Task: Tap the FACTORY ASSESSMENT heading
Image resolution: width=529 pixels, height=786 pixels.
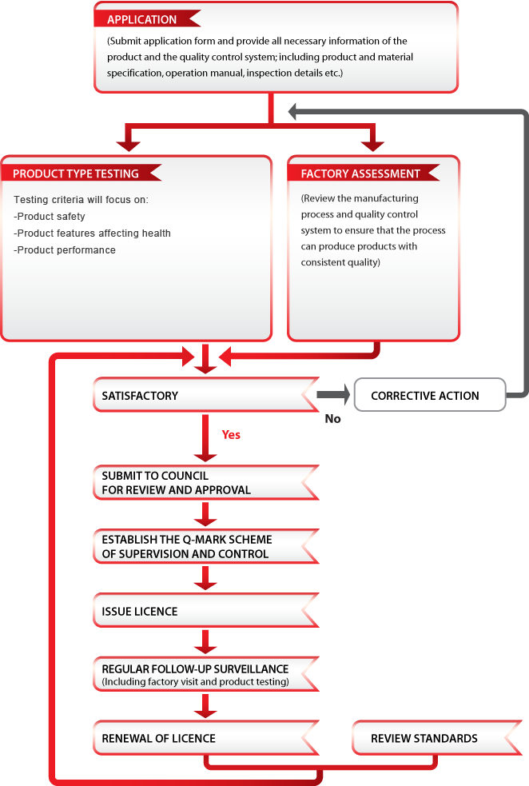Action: [360, 174]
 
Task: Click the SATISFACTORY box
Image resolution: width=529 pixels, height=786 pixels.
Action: [206, 395]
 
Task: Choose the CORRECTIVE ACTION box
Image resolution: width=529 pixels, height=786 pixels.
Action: [430, 395]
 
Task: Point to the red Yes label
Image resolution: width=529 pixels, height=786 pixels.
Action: [231, 435]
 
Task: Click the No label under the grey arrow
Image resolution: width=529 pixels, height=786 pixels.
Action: [332, 418]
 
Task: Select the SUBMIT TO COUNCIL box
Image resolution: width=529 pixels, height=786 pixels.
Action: [206, 483]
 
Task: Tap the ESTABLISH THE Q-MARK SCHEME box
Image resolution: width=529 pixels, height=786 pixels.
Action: [206, 546]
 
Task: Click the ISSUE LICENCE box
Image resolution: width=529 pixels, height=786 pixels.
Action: [206, 611]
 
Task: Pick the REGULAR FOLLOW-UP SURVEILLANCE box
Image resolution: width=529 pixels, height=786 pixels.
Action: [206, 674]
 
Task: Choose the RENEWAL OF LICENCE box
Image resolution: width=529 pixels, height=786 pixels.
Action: [206, 738]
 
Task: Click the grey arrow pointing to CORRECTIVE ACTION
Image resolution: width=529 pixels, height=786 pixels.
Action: [334, 394]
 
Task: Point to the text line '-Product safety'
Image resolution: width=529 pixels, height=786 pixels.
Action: [49, 217]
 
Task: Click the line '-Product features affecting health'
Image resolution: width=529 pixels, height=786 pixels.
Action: [92, 233]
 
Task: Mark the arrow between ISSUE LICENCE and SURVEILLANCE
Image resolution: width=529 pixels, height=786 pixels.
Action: [205, 643]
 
